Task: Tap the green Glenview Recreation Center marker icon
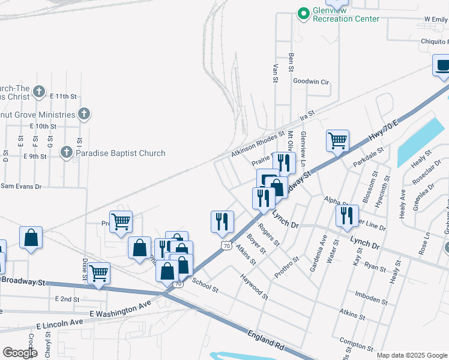pos(304,12)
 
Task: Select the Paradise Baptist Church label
pos(120,153)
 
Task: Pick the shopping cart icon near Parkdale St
pos(338,140)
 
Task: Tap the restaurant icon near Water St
pos(347,215)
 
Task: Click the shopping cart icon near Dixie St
pos(98,273)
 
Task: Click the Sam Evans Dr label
pos(20,187)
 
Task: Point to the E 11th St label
pos(64,96)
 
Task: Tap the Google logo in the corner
pos(20,353)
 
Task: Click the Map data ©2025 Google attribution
pos(412,355)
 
